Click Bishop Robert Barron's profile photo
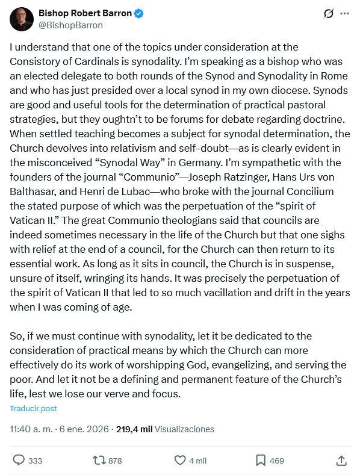[x=21, y=19]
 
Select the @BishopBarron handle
[x=70, y=25]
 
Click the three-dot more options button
[x=344, y=13]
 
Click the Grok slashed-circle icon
[x=329, y=13]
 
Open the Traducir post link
[x=33, y=408]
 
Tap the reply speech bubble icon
[x=19, y=460]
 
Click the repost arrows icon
[x=99, y=460]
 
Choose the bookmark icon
[x=261, y=460]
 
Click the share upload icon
[x=341, y=460]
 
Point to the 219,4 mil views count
[x=134, y=429]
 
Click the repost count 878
[x=115, y=461]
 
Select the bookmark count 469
[x=277, y=461]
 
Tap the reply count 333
[x=36, y=461]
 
